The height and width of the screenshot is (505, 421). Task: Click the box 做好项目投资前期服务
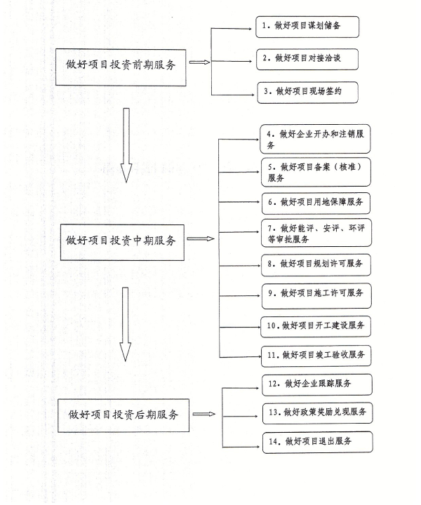coord(121,67)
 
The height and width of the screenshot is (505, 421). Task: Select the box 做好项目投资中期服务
coord(122,242)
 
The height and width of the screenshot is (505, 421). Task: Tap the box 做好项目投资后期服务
coord(123,415)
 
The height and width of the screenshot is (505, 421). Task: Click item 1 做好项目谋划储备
coord(307,27)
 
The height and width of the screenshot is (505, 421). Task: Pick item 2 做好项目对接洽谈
coord(307,59)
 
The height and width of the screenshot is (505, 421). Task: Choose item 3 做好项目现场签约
coord(307,93)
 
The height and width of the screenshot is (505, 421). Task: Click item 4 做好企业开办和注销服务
coord(315,139)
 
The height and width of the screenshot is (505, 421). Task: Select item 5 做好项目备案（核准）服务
coord(316,172)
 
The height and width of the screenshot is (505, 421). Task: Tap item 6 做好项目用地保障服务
coord(316,203)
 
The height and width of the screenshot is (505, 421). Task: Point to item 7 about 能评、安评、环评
coord(316,233)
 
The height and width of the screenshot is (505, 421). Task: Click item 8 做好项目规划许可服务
coord(316,265)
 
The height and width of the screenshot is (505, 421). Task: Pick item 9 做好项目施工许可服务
coord(316,296)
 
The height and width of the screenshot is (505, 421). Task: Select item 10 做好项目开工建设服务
coord(316,327)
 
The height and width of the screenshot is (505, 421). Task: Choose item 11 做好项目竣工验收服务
coord(316,356)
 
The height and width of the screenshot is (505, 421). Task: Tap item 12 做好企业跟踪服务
coord(317,384)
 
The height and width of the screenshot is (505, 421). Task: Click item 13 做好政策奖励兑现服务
coord(318,413)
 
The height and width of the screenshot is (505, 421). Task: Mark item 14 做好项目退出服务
coord(318,443)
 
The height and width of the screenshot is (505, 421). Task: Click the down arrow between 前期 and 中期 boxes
coord(126,145)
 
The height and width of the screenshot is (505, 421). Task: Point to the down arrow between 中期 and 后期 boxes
coord(126,324)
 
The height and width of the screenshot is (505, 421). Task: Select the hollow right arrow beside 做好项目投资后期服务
coord(204,414)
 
